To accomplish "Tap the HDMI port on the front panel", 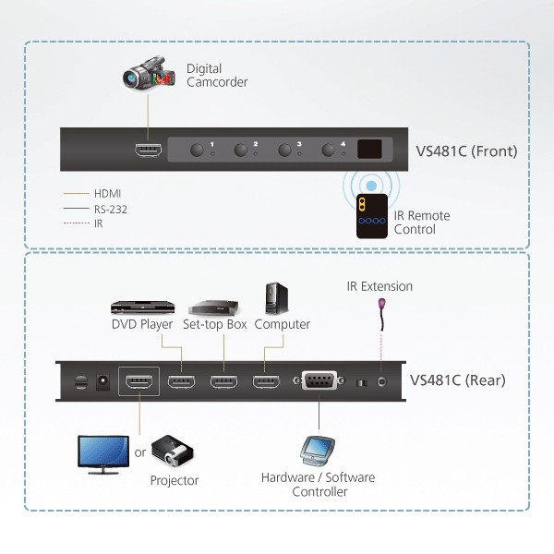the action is [x=149, y=150].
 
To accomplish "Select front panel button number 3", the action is [x=284, y=150].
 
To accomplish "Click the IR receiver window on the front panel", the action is [x=369, y=149].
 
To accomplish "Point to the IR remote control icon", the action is [x=372, y=216].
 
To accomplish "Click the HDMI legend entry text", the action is [x=107, y=194].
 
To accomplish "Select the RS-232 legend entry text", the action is [x=111, y=210].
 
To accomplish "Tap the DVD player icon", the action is [x=143, y=307].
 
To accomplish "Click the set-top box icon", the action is [x=214, y=307].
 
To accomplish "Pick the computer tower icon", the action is [x=277, y=298].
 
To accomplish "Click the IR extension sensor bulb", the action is [x=381, y=304].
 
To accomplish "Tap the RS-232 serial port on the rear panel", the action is [x=319, y=380].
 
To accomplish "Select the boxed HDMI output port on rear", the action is [x=138, y=381].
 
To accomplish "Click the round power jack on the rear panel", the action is [x=102, y=382].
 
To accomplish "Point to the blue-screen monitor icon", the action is [x=103, y=454].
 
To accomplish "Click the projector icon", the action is [x=173, y=452].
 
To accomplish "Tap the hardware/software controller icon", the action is [x=318, y=452].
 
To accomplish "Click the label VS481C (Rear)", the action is [x=458, y=380].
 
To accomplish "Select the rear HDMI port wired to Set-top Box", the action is [x=224, y=381].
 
